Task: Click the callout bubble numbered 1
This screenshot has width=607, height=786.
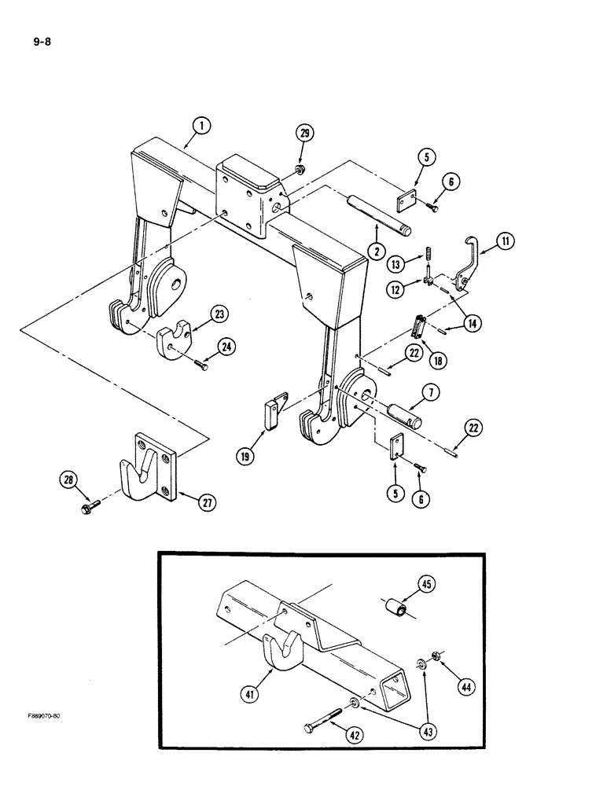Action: [x=201, y=125]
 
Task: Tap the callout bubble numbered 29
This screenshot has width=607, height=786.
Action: [x=303, y=134]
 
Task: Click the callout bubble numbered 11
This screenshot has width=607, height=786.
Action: [x=505, y=243]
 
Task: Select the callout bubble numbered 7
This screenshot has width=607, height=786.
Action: [x=432, y=391]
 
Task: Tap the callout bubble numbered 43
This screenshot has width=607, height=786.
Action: [x=427, y=731]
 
